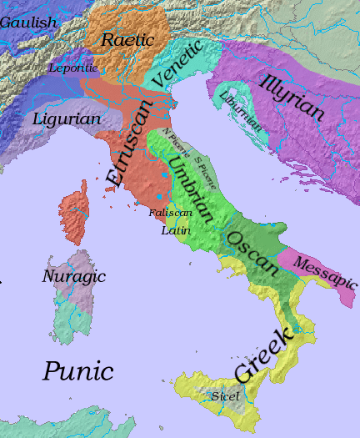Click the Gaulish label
click(27, 23)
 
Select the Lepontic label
click(73, 67)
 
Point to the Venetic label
click(177, 62)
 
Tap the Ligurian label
click(67, 119)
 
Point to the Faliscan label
click(171, 214)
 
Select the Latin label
click(175, 230)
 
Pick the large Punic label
click(78, 370)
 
